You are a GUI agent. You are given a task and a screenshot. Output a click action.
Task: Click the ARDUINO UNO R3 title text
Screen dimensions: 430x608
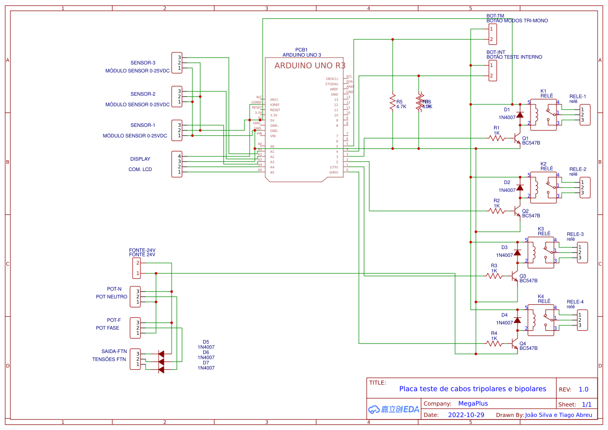309,66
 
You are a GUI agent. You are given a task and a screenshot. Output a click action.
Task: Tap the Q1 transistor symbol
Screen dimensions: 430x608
516,139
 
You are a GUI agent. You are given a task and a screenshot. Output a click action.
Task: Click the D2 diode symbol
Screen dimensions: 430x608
520,187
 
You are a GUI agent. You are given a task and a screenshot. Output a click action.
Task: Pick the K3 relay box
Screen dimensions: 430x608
541,252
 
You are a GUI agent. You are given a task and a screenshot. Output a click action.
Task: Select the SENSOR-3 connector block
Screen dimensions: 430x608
177,62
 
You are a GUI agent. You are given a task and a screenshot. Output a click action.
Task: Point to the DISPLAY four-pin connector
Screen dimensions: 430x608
177,164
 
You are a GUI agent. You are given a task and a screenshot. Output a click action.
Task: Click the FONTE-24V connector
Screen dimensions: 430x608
136,268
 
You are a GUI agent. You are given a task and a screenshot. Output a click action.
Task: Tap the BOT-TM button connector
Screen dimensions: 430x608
492,34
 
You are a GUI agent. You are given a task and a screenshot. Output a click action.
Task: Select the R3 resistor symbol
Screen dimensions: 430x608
494,276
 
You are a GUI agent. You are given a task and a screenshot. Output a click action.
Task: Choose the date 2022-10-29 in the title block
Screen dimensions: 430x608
466,415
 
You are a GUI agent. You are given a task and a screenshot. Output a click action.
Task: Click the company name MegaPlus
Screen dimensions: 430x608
473,403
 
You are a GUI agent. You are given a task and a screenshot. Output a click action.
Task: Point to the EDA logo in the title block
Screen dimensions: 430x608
393,409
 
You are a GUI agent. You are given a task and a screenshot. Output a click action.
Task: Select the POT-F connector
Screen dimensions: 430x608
135,328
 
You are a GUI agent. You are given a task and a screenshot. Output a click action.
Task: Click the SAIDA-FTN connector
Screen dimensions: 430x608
135,359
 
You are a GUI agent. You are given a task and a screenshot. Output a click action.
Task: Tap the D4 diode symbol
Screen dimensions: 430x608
517,320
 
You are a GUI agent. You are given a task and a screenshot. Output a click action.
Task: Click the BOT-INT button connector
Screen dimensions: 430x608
492,71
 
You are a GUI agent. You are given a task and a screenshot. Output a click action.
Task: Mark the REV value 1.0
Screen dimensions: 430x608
584,389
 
